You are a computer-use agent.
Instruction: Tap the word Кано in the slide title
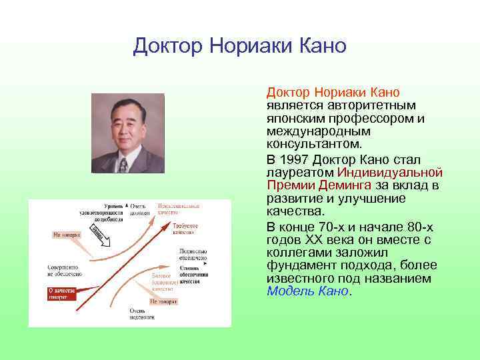pyautogui.click(x=323, y=46)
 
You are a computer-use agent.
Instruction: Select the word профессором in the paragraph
pyautogui.click(x=369, y=118)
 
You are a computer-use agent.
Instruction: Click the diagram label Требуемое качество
pyautogui.click(x=185, y=229)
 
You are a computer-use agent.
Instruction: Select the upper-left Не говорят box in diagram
pyautogui.click(x=67, y=235)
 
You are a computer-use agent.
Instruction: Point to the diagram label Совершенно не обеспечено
pyautogui.click(x=64, y=269)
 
